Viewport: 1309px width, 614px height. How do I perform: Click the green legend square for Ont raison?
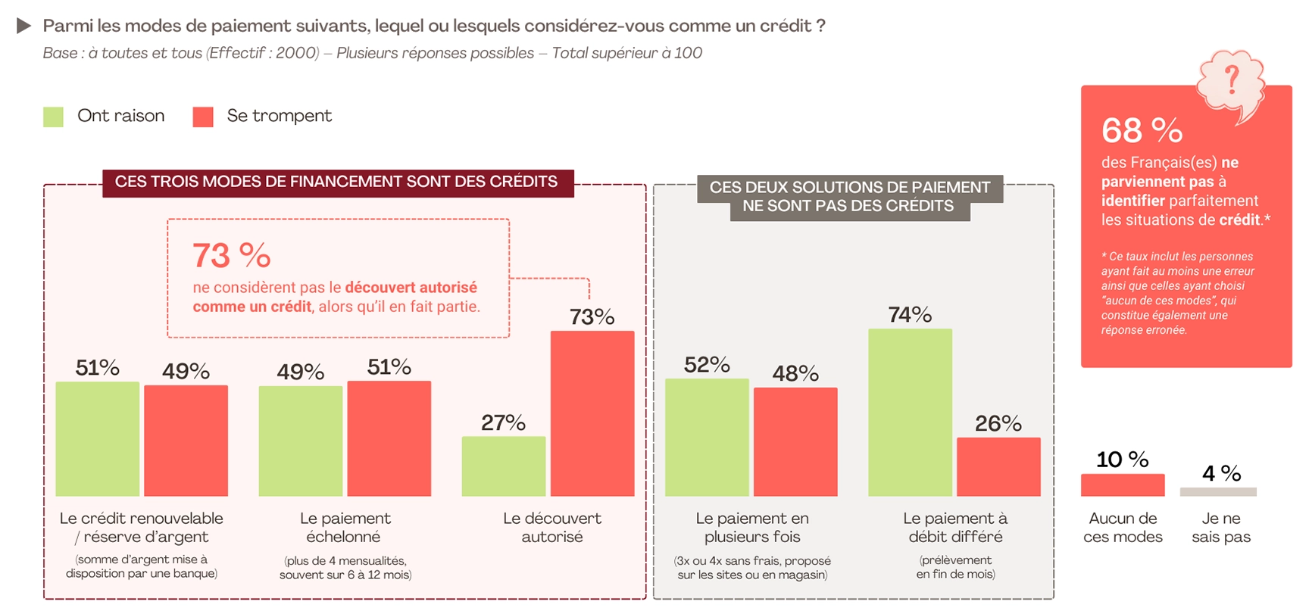click(x=53, y=117)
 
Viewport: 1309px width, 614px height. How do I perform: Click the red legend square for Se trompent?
click(x=203, y=117)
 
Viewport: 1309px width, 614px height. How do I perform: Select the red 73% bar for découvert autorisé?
click(x=592, y=413)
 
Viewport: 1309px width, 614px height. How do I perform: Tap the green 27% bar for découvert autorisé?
click(x=504, y=466)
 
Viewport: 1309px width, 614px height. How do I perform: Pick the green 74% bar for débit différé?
click(x=910, y=413)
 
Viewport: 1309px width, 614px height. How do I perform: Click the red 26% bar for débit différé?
click(x=998, y=467)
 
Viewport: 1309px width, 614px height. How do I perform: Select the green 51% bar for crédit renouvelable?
click(x=98, y=439)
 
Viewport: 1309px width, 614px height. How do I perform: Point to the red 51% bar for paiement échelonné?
click(x=389, y=438)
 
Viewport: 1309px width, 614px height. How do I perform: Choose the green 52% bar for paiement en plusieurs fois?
click(x=707, y=438)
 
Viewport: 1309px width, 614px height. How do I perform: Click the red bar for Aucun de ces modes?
click(x=1123, y=485)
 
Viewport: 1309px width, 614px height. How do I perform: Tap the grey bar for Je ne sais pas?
click(x=1218, y=492)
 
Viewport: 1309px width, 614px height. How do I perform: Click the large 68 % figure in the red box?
click(x=1142, y=130)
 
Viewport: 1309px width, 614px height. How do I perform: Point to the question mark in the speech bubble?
click(x=1232, y=79)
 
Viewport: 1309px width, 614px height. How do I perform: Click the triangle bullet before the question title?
click(x=24, y=26)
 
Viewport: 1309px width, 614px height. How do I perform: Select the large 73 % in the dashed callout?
click(x=232, y=255)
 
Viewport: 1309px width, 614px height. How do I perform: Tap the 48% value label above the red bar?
click(x=795, y=373)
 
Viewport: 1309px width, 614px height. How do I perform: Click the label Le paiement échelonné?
click(x=345, y=528)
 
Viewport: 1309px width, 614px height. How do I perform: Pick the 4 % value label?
click(x=1221, y=473)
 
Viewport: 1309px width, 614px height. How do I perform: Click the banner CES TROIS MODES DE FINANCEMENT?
click(x=337, y=182)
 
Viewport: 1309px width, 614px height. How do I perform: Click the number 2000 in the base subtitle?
click(x=297, y=53)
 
